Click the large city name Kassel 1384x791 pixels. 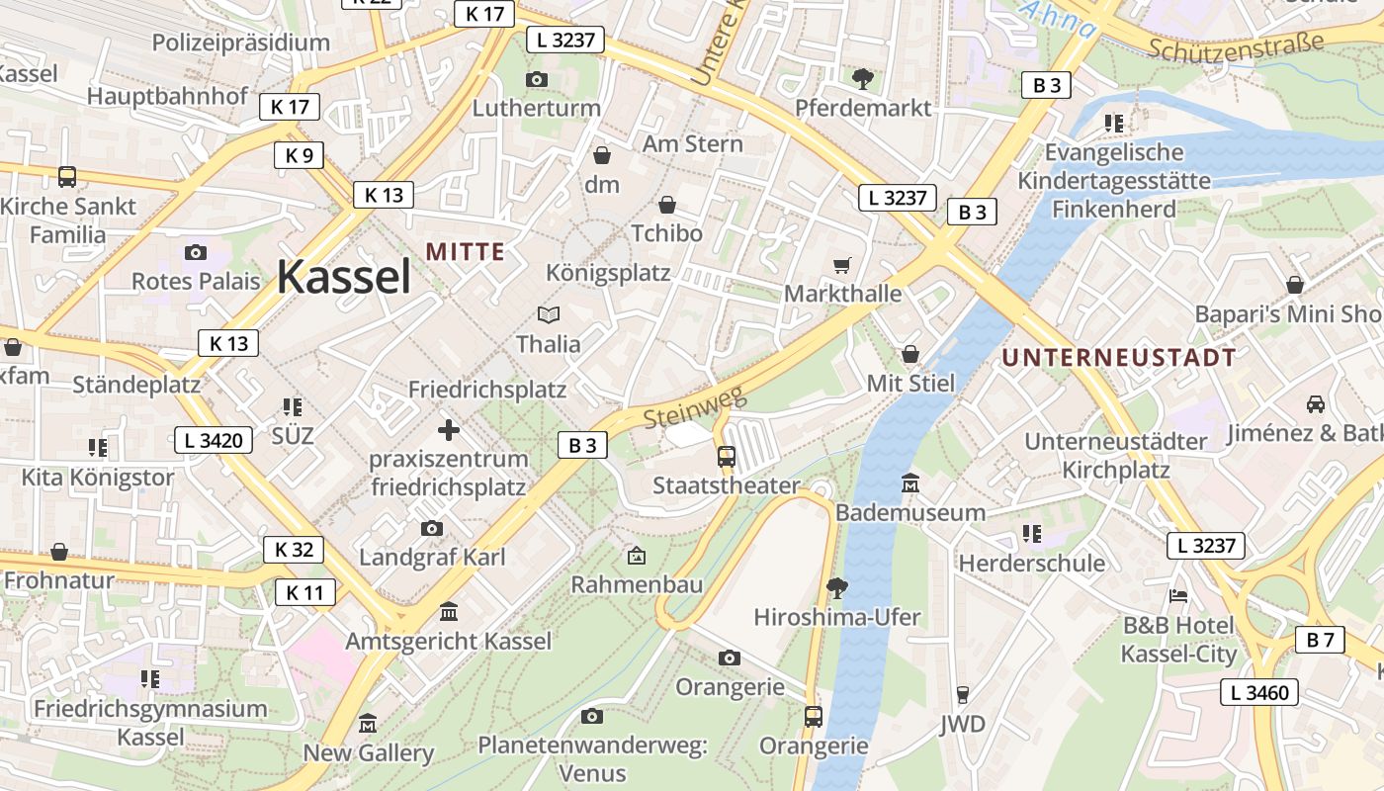(343, 277)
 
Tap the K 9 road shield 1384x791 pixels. (299, 155)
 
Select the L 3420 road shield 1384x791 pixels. (213, 440)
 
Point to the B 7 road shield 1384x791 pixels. (1320, 640)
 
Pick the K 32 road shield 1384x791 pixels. (294, 550)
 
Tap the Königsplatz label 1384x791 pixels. (608, 273)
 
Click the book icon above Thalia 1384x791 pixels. (549, 315)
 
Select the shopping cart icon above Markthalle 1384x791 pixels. (842, 265)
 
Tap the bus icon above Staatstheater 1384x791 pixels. (727, 457)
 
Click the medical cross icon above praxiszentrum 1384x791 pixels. (449, 430)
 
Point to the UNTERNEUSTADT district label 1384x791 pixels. (1119, 358)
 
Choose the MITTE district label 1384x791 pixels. (466, 252)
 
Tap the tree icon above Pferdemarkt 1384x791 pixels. (863, 78)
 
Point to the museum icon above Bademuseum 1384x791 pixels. (910, 483)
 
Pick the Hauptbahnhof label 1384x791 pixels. (167, 96)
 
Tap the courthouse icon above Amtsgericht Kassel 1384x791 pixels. (449, 612)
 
